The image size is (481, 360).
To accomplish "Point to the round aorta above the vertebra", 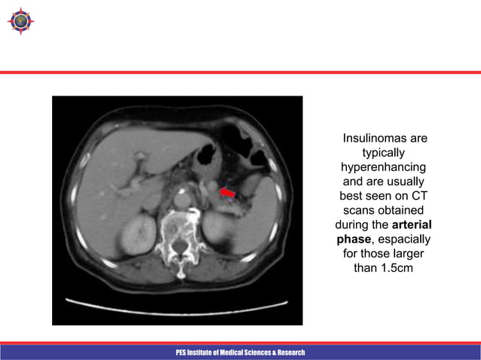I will (180, 199).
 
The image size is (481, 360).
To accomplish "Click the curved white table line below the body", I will (177, 304).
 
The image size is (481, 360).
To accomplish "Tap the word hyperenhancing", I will (384, 166).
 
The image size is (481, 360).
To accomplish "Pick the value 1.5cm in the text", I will (396, 268).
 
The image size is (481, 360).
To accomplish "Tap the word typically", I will (384, 153).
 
